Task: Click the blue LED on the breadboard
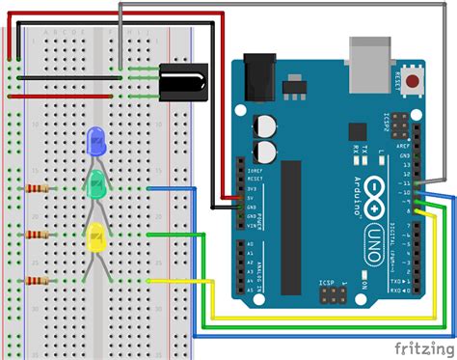pyautogui.click(x=96, y=141)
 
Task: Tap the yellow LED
pyautogui.click(x=96, y=235)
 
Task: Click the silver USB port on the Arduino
pyautogui.click(x=370, y=57)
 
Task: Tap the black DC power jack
pyautogui.click(x=258, y=72)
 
